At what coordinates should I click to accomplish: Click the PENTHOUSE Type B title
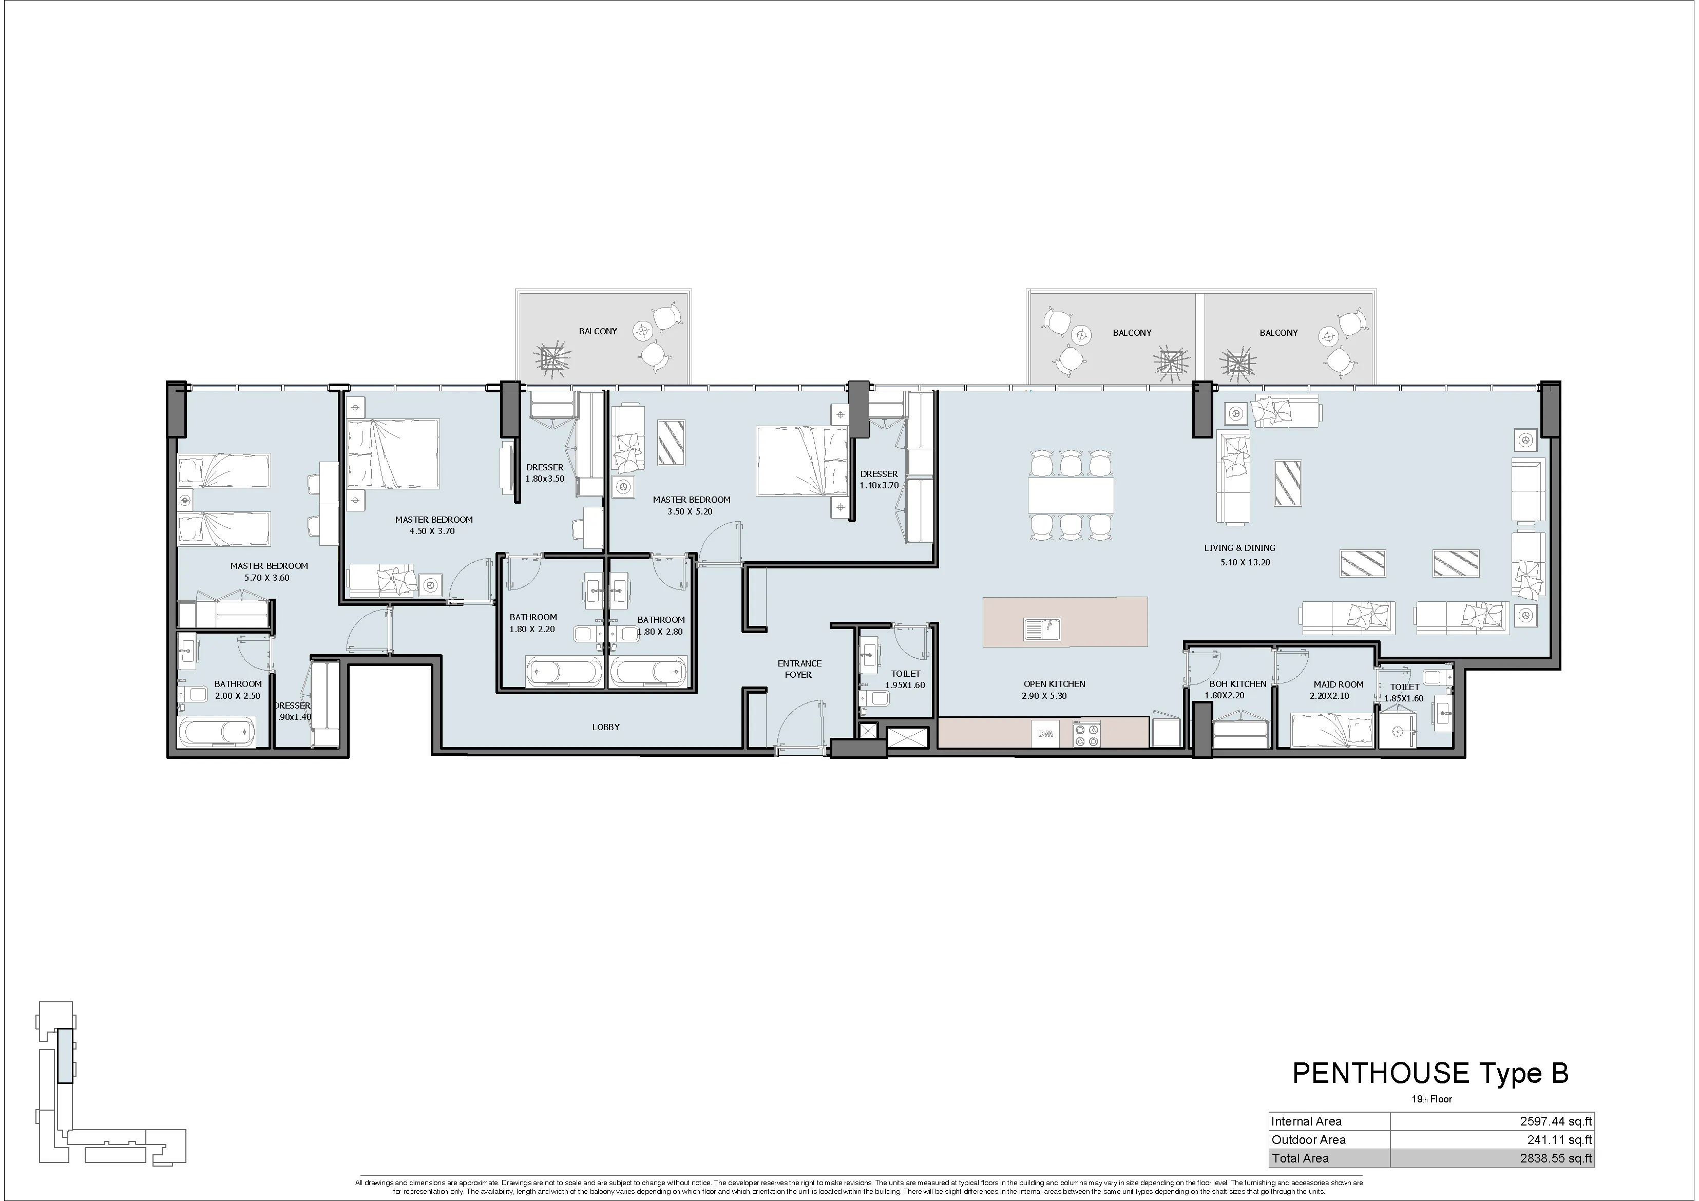pyautogui.click(x=1429, y=1074)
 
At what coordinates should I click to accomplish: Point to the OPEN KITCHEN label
pyautogui.click(x=1055, y=684)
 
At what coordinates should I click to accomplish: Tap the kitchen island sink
pyautogui.click(x=1043, y=629)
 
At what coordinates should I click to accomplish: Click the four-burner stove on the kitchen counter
pyautogui.click(x=1085, y=734)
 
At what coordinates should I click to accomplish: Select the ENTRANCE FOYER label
pyautogui.click(x=799, y=669)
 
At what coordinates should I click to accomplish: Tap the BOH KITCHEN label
pyautogui.click(x=1238, y=684)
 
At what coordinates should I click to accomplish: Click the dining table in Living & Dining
pyautogui.click(x=1071, y=495)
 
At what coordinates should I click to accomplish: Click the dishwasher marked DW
pyautogui.click(x=1045, y=734)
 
